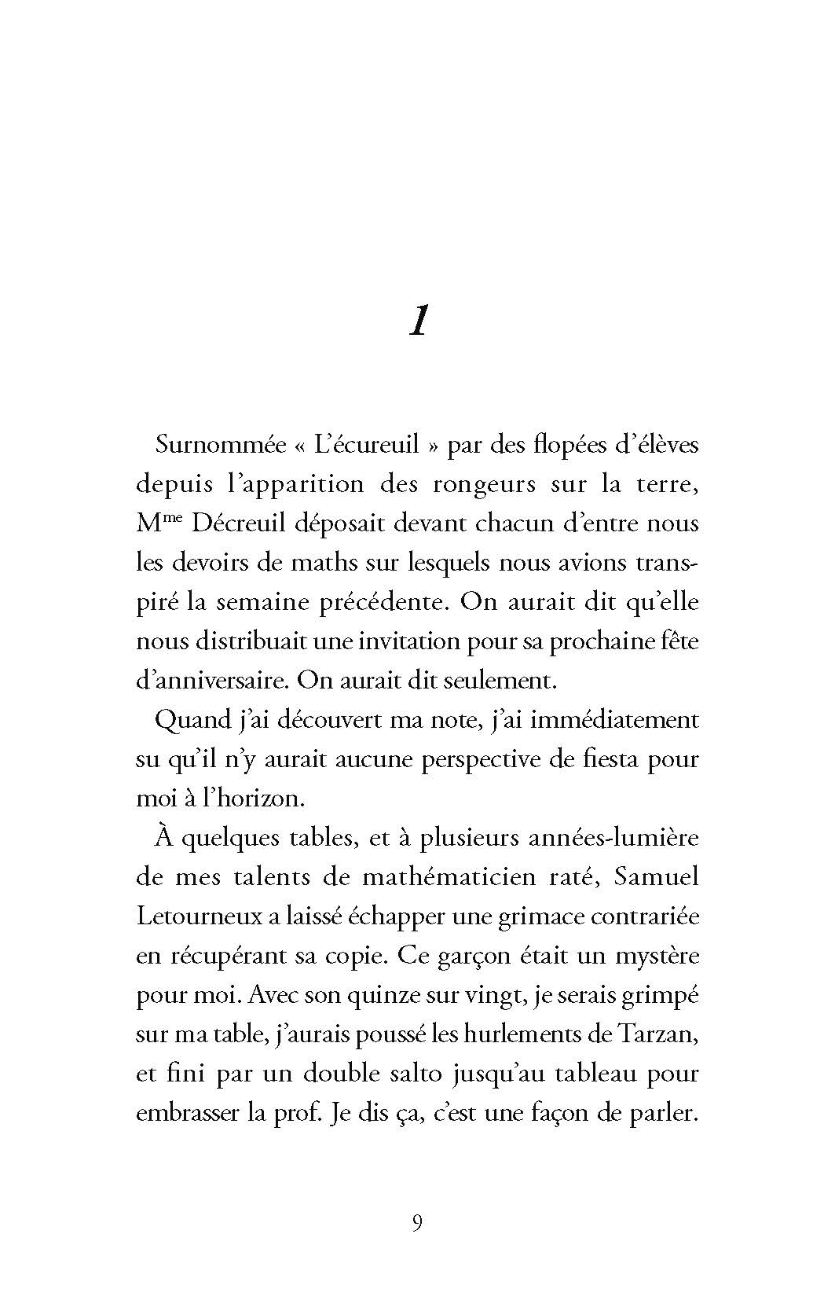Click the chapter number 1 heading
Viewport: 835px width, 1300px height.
(418, 321)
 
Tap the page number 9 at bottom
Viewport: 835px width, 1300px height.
(417, 1223)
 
